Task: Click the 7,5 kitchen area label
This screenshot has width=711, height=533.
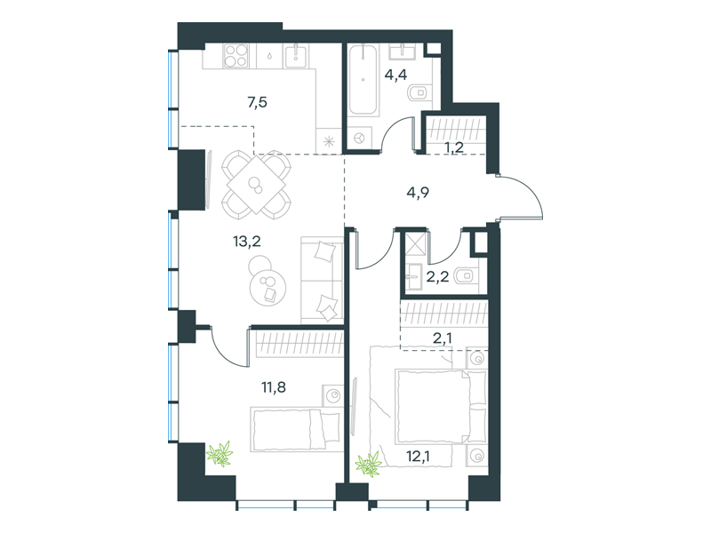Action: (257, 102)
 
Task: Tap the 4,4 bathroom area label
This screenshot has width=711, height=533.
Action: (395, 74)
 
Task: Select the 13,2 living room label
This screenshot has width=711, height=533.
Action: (247, 242)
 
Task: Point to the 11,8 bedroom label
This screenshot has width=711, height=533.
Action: (274, 387)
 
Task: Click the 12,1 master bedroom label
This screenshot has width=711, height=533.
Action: (418, 456)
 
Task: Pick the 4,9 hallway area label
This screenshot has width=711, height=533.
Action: (418, 193)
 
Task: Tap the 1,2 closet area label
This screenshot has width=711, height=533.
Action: (453, 147)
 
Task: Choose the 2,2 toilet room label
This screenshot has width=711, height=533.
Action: (437, 276)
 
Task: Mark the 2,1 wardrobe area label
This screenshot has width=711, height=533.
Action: (442, 338)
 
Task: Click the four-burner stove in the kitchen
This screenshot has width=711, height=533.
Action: (236, 56)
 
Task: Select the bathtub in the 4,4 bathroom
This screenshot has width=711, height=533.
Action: (363, 79)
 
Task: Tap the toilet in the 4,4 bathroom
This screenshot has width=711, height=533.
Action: (418, 92)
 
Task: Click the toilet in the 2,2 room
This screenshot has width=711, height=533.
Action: (465, 275)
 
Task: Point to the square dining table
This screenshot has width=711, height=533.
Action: (256, 185)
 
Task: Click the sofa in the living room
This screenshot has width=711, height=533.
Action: (322, 280)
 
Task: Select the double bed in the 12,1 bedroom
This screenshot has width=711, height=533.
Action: (441, 407)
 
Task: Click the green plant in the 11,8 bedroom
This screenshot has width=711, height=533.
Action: (220, 454)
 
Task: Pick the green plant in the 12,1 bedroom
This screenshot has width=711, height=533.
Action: (368, 465)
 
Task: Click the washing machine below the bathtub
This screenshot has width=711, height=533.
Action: (360, 138)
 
